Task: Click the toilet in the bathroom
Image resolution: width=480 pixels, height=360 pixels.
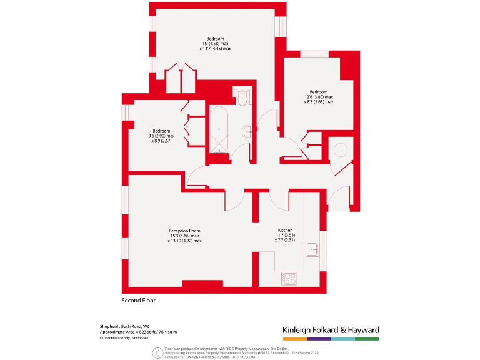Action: [242, 98]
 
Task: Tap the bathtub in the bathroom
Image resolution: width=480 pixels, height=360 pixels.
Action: [219, 129]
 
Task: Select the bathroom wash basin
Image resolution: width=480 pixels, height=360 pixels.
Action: [247, 131]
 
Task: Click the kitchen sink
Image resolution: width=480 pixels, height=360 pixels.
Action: [312, 249]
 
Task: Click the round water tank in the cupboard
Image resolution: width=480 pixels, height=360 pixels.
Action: [341, 151]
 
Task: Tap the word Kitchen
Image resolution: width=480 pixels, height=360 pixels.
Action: [285, 230]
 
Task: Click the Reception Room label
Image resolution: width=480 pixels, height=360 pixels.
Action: [184, 231]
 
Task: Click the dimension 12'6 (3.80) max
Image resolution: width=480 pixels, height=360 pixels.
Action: [319, 97]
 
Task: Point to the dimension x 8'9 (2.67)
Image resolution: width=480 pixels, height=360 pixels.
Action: [161, 141]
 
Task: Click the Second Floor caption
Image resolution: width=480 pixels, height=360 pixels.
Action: [138, 300]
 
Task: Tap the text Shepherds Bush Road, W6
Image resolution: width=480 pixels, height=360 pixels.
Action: [124, 326]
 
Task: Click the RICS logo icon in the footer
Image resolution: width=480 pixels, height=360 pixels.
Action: [154, 353]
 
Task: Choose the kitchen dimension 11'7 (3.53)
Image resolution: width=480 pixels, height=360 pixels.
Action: [286, 235]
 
